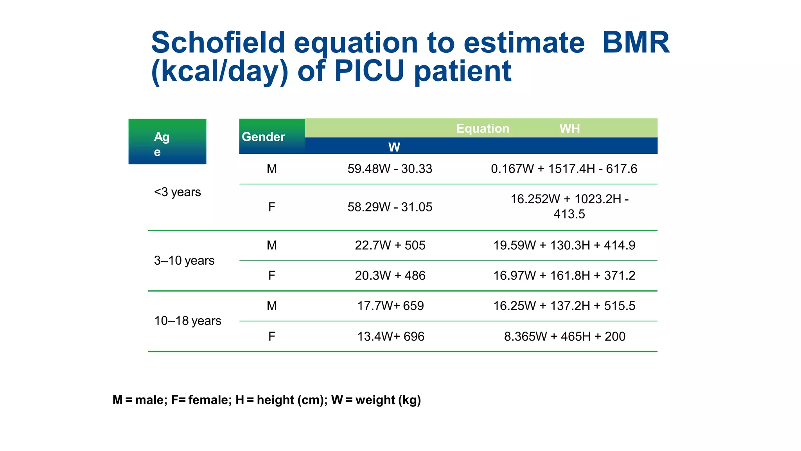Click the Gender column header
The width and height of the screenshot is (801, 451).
click(264, 137)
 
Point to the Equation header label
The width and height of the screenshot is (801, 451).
click(483, 128)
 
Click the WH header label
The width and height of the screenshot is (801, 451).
click(569, 129)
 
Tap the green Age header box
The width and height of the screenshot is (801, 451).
click(167, 141)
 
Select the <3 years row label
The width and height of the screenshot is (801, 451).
click(177, 192)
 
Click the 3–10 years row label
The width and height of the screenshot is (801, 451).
click(184, 260)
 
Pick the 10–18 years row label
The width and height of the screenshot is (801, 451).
click(188, 321)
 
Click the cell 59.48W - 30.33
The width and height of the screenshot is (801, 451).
click(390, 169)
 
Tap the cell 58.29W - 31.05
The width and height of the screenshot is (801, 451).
click(390, 207)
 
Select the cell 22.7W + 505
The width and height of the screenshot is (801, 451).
click(390, 245)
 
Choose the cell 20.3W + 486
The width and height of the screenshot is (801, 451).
click(390, 275)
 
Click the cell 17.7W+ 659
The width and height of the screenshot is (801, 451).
click(390, 305)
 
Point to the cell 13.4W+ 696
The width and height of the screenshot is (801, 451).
click(390, 336)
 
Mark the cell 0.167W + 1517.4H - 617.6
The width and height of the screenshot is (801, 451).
click(564, 169)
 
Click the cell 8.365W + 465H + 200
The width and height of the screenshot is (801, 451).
click(564, 336)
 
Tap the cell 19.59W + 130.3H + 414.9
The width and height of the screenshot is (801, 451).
click(564, 245)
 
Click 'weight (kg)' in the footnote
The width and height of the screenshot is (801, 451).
click(388, 400)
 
